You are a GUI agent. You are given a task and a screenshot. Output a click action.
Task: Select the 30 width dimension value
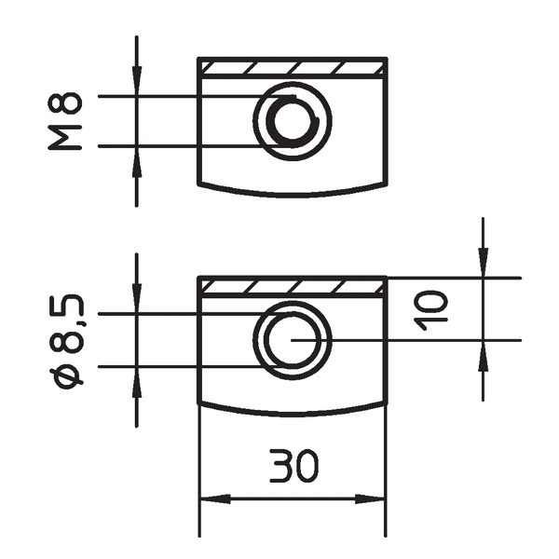pos(292,466)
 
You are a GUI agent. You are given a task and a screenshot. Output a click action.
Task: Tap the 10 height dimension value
pos(431,309)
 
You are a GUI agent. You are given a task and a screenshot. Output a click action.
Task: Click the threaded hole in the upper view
pos(293,120)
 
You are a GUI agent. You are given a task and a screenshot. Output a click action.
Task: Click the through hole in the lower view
pos(293,339)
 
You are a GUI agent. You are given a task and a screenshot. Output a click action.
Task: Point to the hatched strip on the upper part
pos(292,68)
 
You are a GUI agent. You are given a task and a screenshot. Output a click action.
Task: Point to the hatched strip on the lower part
pos(292,286)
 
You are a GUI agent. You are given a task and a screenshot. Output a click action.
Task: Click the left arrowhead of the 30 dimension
pos(210,498)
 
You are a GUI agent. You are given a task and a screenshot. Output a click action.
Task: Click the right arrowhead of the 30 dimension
pos(375,498)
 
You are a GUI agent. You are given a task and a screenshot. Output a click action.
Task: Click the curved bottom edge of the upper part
pos(292,194)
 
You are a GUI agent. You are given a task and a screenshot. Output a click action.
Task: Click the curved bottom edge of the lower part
pos(292,413)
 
